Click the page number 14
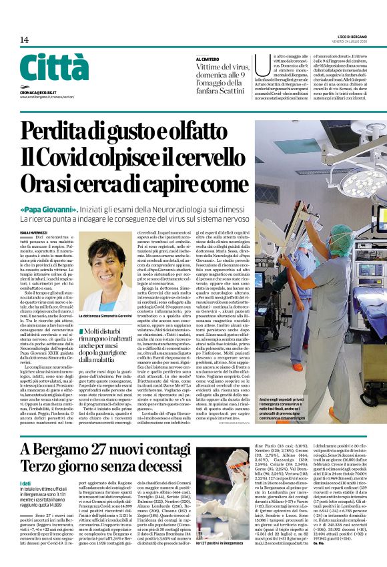click(x=24, y=39)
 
